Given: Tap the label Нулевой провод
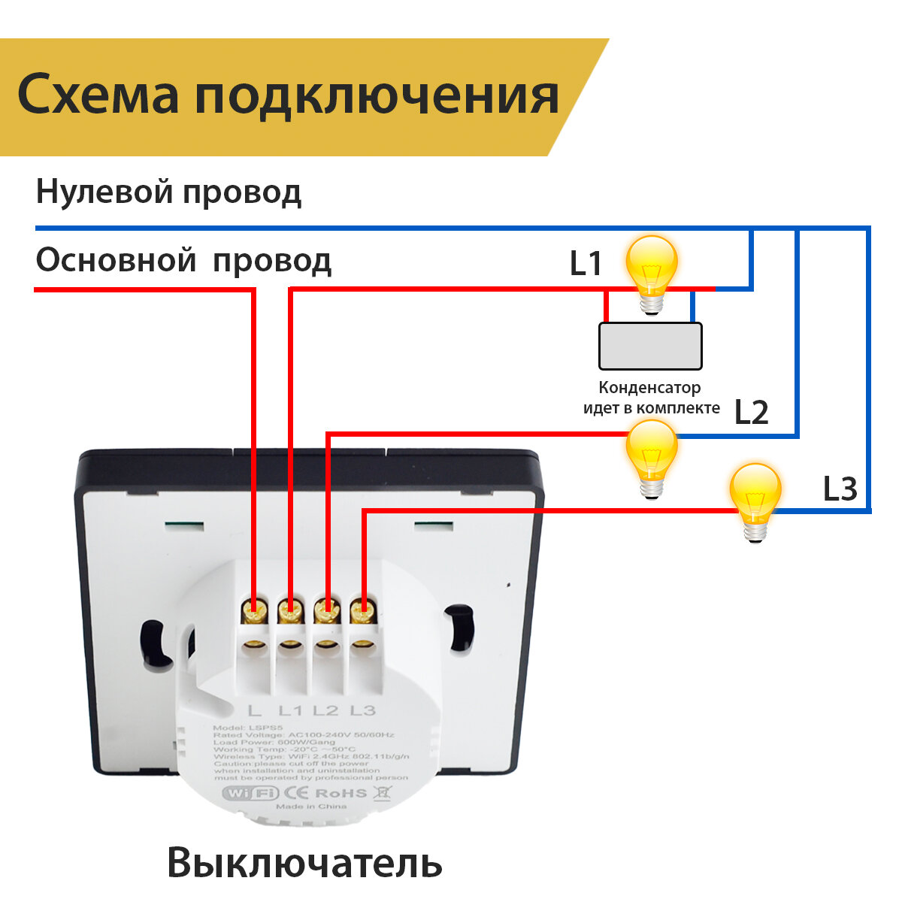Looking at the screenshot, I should tap(168, 192).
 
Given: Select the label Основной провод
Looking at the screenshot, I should tap(183, 261).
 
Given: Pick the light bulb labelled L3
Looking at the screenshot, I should tap(756, 501).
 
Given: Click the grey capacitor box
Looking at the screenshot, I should tap(650, 346).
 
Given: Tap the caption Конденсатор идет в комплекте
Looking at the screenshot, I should tap(651, 398).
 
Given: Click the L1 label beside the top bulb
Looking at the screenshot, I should tap(586, 263).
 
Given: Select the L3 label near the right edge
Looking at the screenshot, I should tap(840, 489).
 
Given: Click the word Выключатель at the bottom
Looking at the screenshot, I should tap(304, 862).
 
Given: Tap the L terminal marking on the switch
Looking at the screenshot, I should tap(255, 710).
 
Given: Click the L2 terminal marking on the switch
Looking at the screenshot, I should tap(325, 710).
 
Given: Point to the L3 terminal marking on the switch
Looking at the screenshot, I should tap(362, 710).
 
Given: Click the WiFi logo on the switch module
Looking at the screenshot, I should tap(250, 793).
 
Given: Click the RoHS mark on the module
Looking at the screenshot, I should tap(341, 793).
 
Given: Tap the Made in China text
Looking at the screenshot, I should tap(311, 807).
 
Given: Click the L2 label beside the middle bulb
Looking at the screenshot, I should tap(751, 413).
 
